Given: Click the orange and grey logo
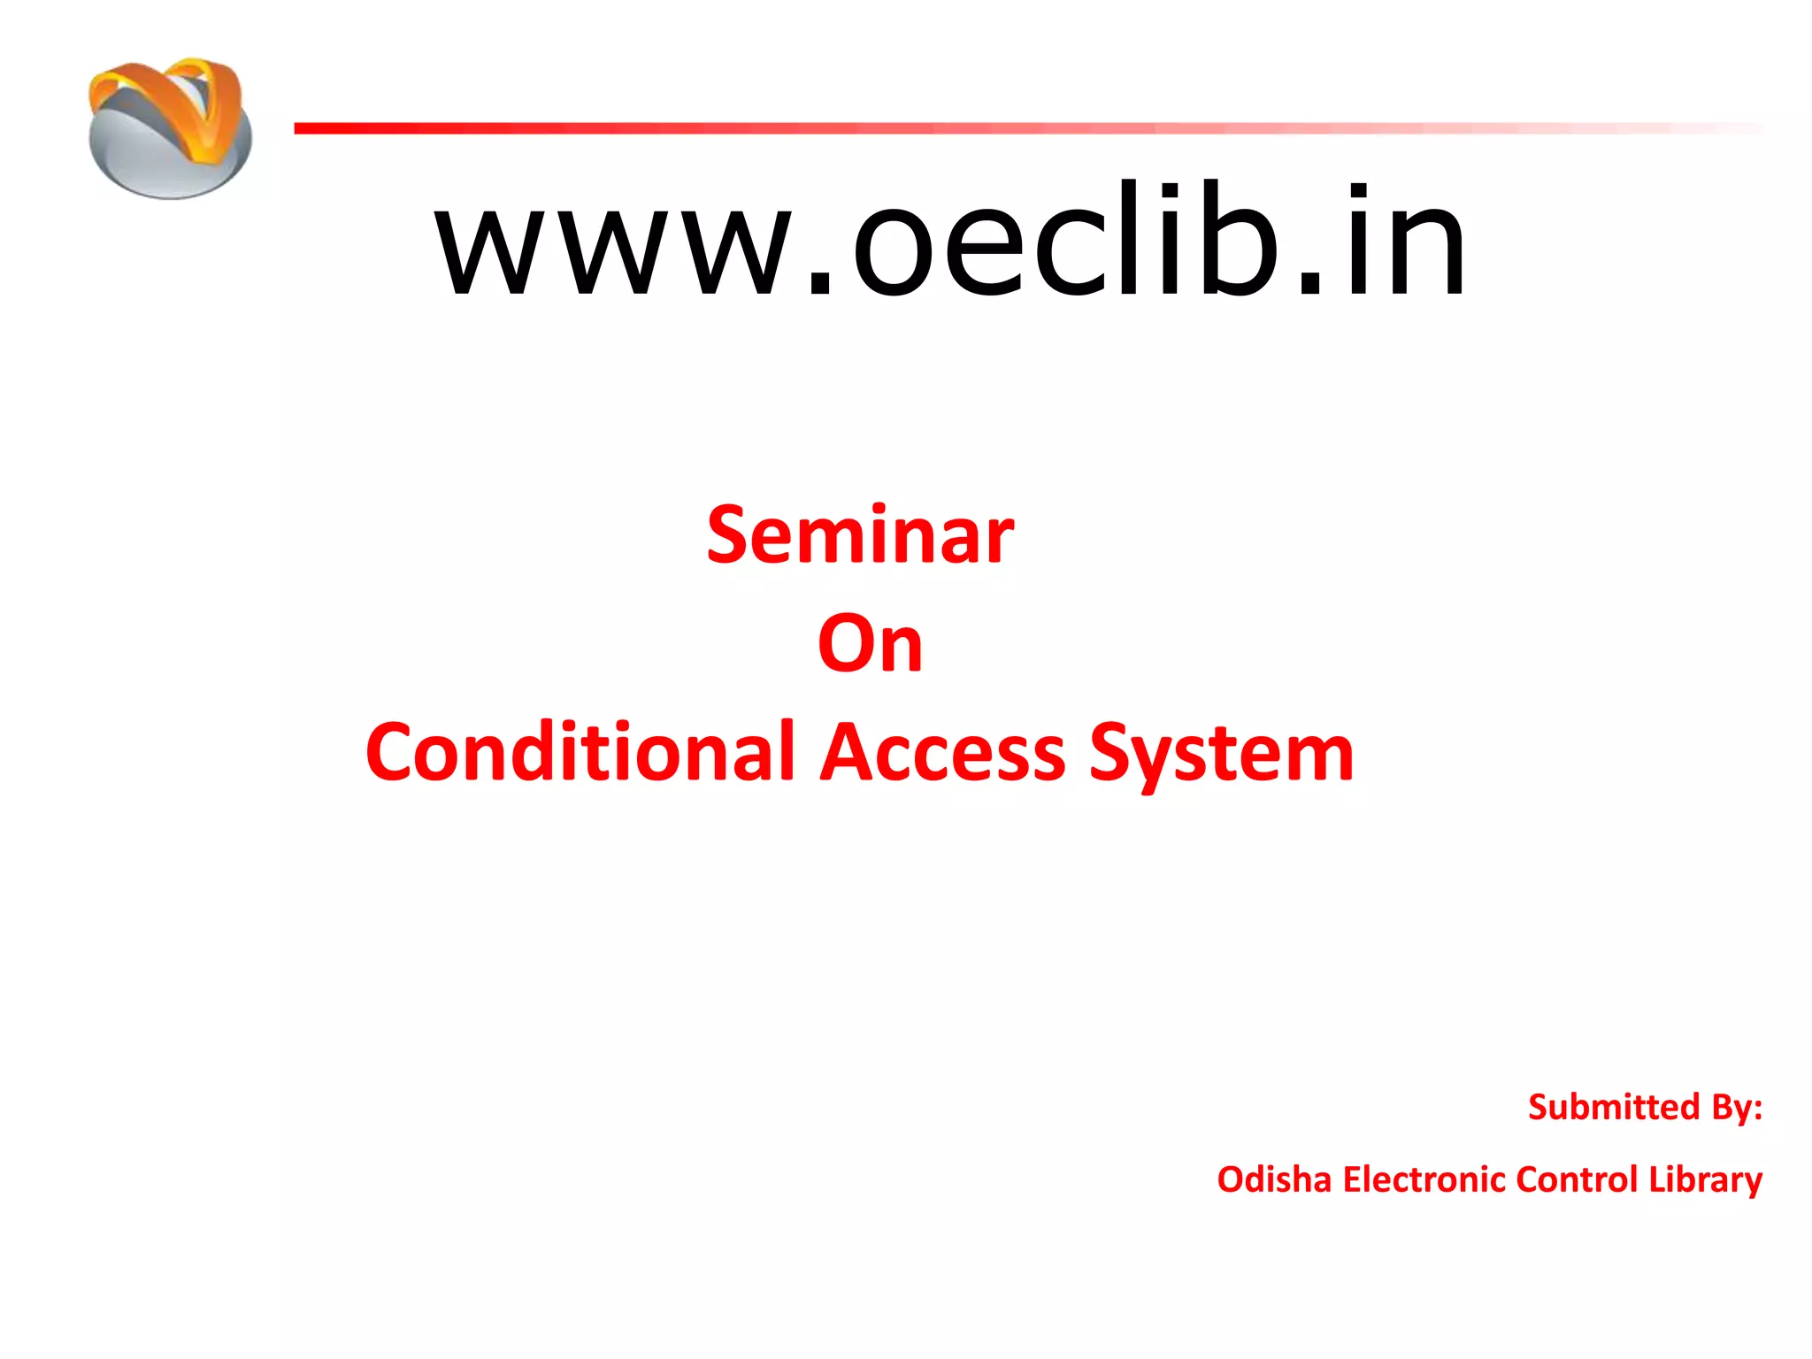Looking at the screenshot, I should (x=170, y=128).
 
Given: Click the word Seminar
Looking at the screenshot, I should (x=860, y=536).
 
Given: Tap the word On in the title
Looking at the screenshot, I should (x=870, y=644).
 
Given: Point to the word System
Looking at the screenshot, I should (x=1221, y=754).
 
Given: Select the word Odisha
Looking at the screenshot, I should (x=1274, y=1179).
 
